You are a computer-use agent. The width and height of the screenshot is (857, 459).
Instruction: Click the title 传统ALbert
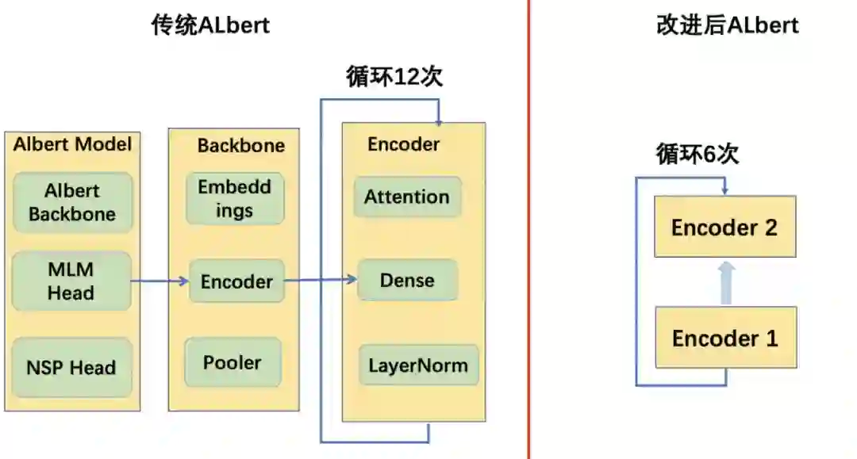pyautogui.click(x=210, y=25)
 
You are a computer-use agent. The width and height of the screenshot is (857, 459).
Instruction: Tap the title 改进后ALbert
pyautogui.click(x=727, y=25)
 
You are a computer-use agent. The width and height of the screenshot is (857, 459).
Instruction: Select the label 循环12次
pyautogui.click(x=394, y=77)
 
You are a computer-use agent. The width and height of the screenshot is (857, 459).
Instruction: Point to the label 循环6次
pyautogui.click(x=697, y=154)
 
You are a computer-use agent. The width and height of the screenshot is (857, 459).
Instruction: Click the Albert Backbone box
pyautogui.click(x=72, y=202)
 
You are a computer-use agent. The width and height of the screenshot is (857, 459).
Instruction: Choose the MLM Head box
pyautogui.click(x=71, y=281)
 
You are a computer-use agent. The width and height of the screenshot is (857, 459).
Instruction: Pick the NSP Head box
pyautogui.click(x=71, y=368)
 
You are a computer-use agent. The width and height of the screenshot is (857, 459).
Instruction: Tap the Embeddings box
pyautogui.click(x=235, y=199)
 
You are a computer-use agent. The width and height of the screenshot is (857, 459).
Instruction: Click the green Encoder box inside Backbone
pyautogui.click(x=236, y=281)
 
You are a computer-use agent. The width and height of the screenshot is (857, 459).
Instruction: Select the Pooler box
pyautogui.click(x=233, y=362)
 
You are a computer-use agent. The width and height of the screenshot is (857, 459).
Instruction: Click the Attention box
pyautogui.click(x=407, y=197)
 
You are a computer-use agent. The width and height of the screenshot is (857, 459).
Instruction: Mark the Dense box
pyautogui.click(x=407, y=280)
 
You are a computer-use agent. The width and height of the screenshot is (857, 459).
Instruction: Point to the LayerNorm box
pyautogui.click(x=418, y=366)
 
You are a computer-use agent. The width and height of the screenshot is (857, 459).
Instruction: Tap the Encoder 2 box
pyautogui.click(x=724, y=228)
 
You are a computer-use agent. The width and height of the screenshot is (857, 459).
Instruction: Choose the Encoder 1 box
pyautogui.click(x=724, y=339)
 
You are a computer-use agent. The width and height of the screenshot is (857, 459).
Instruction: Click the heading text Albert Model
pyautogui.click(x=72, y=144)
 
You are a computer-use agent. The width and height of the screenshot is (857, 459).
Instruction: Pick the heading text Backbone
pyautogui.click(x=240, y=146)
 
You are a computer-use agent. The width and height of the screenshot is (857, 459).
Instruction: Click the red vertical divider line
pyautogui.click(x=528, y=238)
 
